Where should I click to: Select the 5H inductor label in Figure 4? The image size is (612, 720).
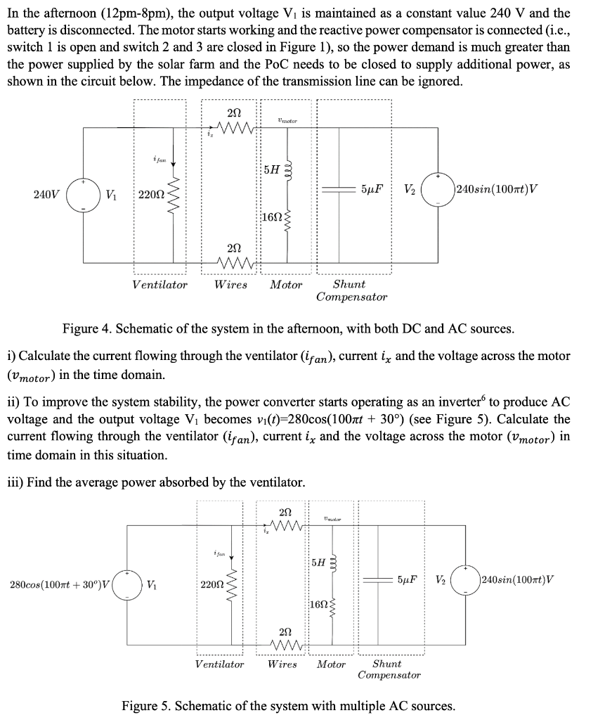point(271,169)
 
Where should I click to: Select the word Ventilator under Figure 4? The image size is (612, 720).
point(160,285)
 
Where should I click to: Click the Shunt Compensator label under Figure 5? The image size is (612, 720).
point(389,669)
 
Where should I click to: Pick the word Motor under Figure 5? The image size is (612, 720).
point(331,664)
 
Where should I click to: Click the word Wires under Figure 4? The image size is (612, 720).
point(230,285)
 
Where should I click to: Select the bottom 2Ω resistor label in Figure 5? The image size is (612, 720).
point(285,631)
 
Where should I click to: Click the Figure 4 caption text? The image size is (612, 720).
point(288,328)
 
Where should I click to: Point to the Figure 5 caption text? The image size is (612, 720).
point(288,705)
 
